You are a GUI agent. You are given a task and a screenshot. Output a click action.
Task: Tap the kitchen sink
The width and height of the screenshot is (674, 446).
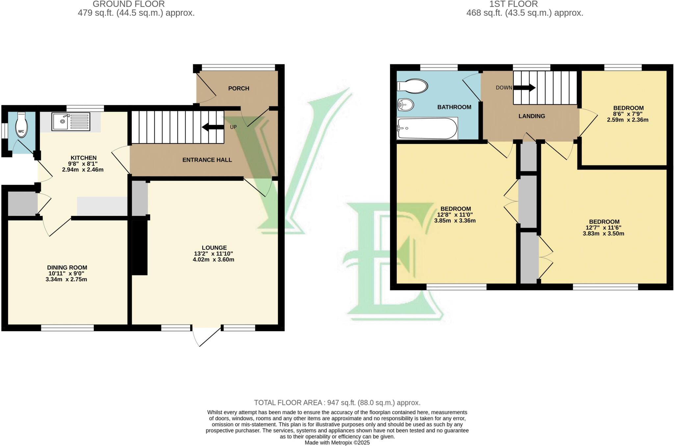click(70, 121)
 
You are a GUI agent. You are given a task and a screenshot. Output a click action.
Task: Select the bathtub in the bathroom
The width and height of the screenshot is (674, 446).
click(427, 129)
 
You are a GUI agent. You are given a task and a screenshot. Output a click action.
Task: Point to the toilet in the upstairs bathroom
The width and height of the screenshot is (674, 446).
click(412, 86)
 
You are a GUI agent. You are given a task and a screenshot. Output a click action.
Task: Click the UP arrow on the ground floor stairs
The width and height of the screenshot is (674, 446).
click(213, 127)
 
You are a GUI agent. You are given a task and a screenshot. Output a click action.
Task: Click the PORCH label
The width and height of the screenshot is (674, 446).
click(239, 88)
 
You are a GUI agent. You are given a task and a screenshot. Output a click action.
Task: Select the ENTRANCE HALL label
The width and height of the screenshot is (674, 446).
click(207, 160)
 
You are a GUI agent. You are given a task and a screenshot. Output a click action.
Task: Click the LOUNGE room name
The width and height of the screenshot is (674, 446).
click(214, 248)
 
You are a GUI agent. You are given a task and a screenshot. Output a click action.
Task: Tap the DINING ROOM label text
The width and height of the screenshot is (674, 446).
click(67, 268)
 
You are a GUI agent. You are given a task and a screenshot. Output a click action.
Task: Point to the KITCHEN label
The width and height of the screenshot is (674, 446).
click(84, 158)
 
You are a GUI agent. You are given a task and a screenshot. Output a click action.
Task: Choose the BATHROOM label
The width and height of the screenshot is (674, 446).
click(454, 107)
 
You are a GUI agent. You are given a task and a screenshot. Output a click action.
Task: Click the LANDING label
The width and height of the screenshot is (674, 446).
click(532, 116)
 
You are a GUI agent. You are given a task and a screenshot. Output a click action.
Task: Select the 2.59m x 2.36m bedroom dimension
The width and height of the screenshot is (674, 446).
click(628, 120)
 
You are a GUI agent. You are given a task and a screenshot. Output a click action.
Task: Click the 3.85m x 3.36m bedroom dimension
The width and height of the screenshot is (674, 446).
click(455, 221)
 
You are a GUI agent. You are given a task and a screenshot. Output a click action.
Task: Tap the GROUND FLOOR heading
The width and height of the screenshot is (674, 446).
click(129, 4)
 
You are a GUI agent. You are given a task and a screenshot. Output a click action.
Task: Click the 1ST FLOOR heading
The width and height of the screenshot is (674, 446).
click(513, 4)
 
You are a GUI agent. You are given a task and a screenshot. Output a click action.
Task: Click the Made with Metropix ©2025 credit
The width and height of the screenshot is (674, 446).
click(337, 443)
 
